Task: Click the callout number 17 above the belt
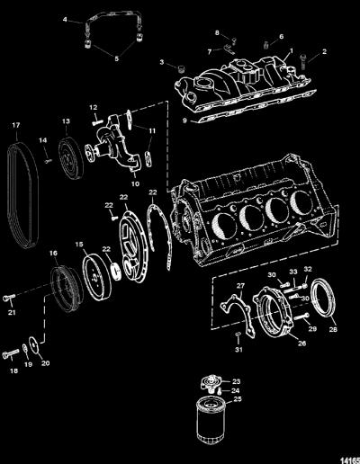(x=16, y=125)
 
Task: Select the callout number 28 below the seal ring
(x=333, y=329)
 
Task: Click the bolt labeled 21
(x=9, y=298)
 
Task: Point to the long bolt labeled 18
(x=10, y=353)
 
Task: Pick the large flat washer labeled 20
(x=34, y=345)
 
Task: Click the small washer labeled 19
(x=24, y=348)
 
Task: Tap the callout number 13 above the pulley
(x=66, y=121)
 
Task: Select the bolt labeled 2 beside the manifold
(x=302, y=62)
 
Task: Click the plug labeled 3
(x=181, y=68)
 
